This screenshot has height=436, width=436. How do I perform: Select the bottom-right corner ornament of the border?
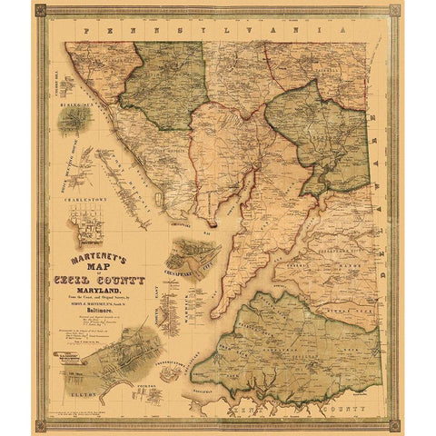[x=397, y=424]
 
